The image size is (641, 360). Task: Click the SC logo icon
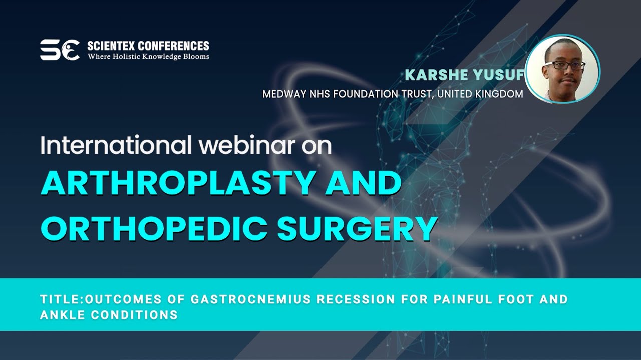(60, 50)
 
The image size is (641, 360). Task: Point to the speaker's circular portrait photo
(562, 69)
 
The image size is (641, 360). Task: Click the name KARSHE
(434, 75)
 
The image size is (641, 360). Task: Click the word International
(116, 145)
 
